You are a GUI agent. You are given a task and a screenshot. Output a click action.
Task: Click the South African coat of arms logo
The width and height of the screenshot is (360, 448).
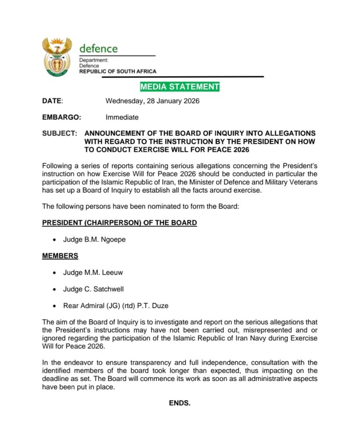pos(57,57)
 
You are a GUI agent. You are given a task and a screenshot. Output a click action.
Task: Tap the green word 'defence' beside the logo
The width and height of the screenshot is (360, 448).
pos(99,48)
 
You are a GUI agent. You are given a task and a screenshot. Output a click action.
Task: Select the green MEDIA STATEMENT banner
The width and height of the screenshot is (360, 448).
pos(180,87)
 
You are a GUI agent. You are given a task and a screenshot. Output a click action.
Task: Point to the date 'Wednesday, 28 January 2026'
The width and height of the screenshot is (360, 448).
pos(152,101)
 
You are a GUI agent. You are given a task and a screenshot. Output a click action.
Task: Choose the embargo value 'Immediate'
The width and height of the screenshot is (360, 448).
pos(122,117)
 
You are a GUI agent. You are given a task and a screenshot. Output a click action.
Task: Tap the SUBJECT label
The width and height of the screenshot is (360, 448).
pos(60,133)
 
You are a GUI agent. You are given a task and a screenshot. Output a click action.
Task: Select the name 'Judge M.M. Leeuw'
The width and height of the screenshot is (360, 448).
pos(93,272)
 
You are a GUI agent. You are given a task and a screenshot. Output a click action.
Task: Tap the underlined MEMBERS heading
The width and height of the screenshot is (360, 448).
pos(60,255)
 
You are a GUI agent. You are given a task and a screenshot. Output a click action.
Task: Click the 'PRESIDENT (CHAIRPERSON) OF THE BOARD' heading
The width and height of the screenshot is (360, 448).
pos(119,223)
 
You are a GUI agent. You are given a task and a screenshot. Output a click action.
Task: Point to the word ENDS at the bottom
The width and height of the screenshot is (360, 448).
pos(180,403)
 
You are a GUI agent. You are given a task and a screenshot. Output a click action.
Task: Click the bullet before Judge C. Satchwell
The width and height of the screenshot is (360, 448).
pos(54,289)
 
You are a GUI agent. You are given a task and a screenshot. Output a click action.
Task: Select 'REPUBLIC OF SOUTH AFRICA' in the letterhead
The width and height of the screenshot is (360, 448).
pos(117,71)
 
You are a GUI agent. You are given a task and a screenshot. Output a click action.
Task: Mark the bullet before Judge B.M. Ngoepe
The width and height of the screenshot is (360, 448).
pos(54,240)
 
